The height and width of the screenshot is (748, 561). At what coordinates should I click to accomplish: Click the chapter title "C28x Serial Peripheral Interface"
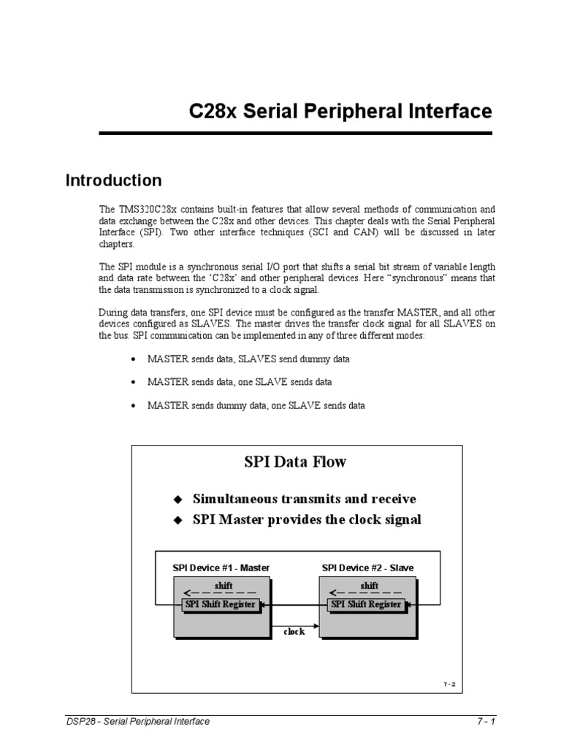(x=340, y=112)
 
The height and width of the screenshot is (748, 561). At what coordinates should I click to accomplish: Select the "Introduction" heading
(x=113, y=180)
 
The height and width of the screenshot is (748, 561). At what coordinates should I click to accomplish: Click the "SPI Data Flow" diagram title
(x=295, y=462)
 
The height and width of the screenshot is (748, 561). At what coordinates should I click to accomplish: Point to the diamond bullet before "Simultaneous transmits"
(x=176, y=500)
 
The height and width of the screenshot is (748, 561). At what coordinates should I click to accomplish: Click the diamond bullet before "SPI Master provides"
(x=176, y=521)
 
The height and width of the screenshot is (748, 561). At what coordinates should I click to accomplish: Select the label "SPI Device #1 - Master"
(x=221, y=567)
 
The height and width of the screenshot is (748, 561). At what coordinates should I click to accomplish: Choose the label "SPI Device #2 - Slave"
(x=367, y=567)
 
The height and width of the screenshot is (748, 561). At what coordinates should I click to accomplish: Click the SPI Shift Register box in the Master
(x=221, y=605)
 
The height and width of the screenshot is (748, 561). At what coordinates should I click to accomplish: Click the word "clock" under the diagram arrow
(x=294, y=632)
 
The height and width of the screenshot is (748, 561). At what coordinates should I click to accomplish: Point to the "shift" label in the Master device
(x=223, y=586)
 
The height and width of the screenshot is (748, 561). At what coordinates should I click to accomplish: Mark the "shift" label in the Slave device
(x=370, y=586)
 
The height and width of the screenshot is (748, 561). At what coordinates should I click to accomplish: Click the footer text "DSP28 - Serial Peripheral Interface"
(x=138, y=722)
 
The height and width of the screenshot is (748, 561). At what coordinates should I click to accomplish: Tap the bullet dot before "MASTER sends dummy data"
(x=133, y=405)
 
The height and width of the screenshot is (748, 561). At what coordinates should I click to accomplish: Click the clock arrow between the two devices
(x=294, y=622)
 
